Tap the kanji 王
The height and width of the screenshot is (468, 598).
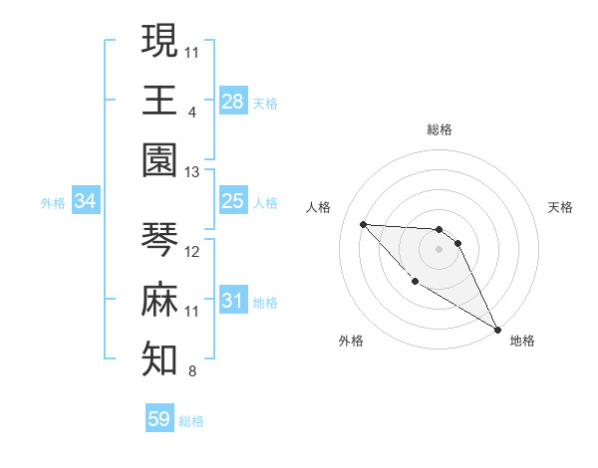159,100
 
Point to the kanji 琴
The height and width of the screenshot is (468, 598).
159,239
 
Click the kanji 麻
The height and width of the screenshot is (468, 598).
159,300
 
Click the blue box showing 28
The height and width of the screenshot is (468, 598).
233,101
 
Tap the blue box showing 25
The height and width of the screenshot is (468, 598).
233,201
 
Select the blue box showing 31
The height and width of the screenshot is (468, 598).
233,301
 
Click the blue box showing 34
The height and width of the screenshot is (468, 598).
86,201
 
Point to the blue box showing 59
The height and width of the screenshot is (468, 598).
159,419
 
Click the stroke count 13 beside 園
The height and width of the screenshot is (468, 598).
192,172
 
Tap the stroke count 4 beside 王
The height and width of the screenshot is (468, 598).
192,112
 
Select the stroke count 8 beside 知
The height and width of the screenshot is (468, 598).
192,372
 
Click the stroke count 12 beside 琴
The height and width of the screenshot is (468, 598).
192,252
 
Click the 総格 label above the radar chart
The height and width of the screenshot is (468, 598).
439,129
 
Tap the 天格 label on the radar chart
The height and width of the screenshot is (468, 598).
561,207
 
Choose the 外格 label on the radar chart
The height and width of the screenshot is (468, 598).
351,342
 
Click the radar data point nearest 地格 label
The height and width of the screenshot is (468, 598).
498,329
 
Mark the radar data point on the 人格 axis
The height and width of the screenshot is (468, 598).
363,224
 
